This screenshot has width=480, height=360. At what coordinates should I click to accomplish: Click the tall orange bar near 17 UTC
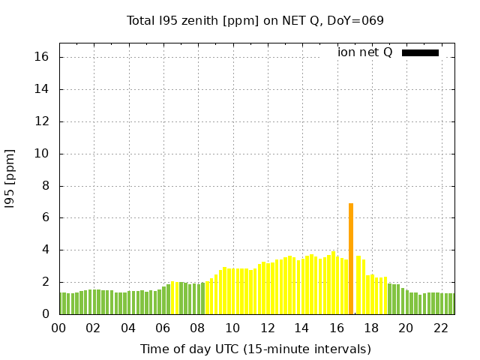[x=350, y=259]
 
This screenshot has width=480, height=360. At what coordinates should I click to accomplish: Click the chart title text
[x=255, y=20]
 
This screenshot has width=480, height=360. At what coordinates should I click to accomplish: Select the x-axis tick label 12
[x=267, y=328]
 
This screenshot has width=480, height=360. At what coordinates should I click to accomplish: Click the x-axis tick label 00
[x=58, y=328]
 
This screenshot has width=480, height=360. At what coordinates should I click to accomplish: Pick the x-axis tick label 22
[x=440, y=328]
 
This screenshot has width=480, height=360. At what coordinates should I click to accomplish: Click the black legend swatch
[x=420, y=52]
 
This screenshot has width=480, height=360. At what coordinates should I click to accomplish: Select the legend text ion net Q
[x=364, y=52]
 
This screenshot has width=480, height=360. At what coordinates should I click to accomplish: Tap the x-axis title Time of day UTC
[x=255, y=349]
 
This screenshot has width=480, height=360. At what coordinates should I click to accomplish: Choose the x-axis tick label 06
[x=163, y=328]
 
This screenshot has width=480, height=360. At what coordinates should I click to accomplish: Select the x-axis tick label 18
[x=371, y=328]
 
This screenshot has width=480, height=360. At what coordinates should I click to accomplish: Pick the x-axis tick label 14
[x=301, y=328]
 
